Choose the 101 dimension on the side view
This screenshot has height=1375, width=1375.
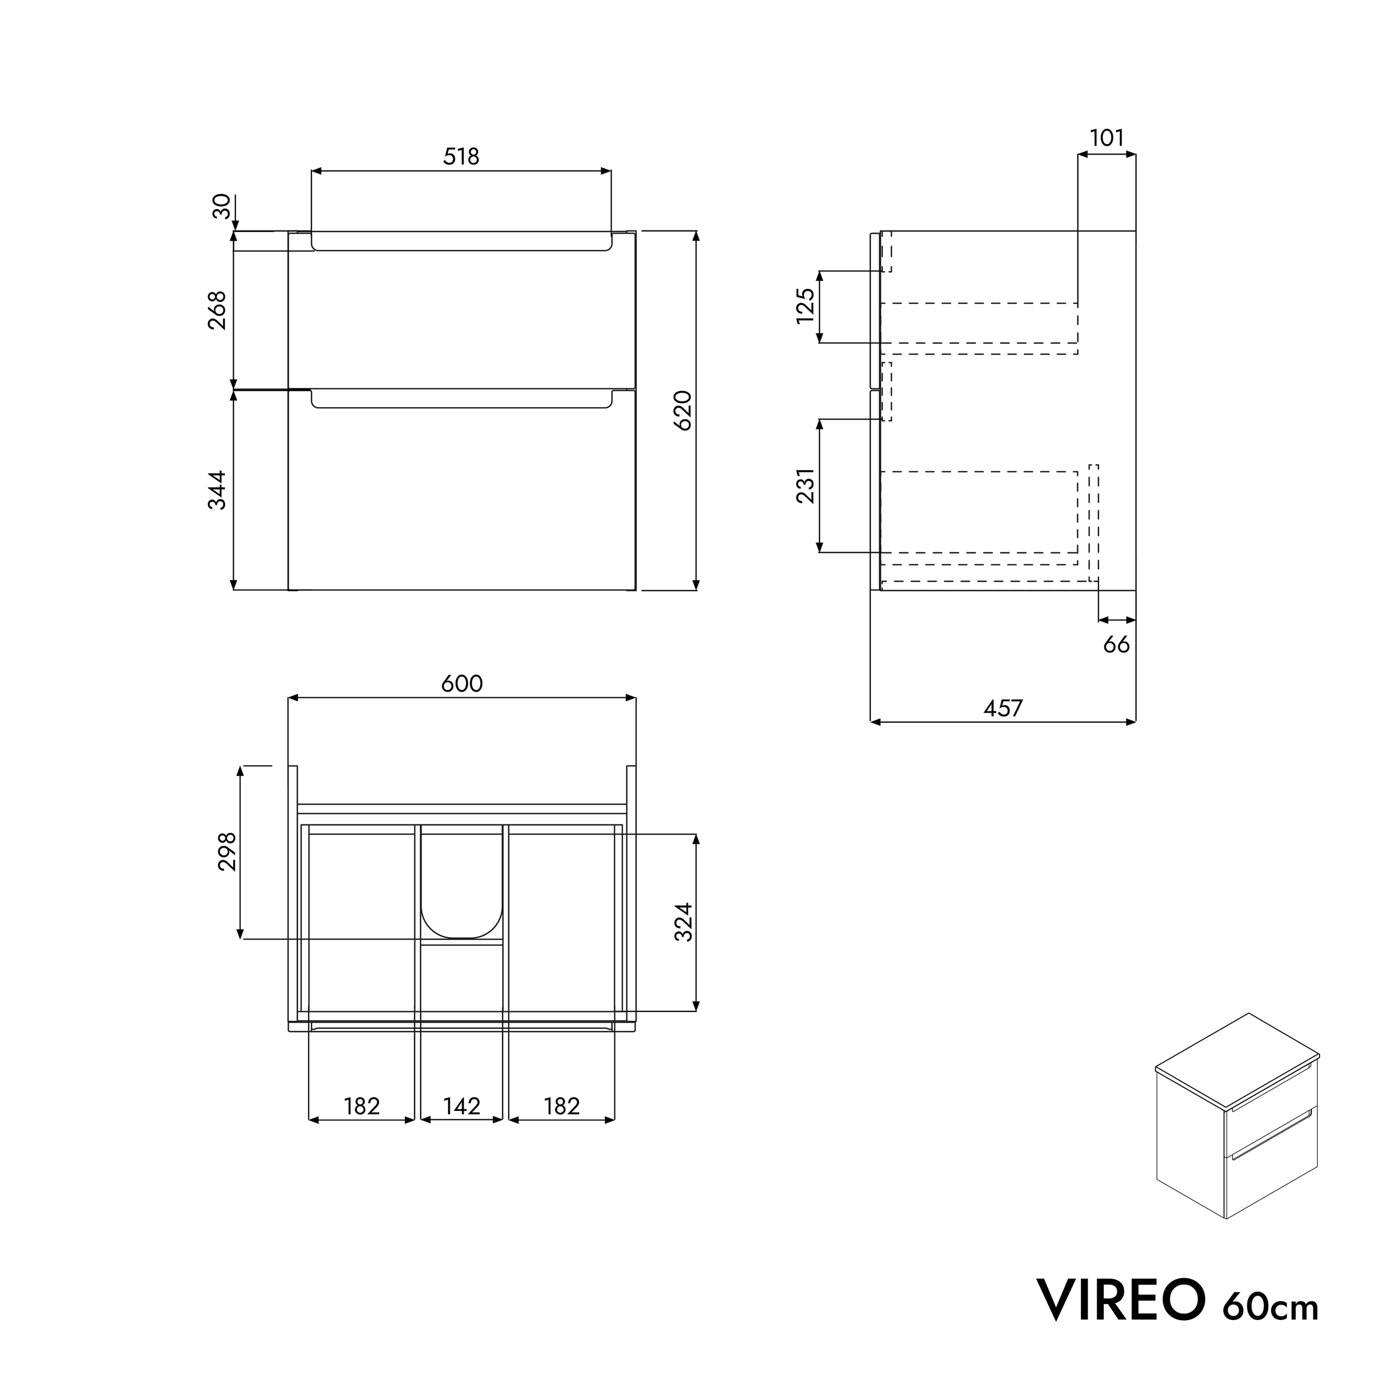[x=1107, y=138]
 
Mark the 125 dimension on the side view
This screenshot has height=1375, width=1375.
[x=805, y=306]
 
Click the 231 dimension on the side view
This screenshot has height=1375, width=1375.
[x=805, y=486]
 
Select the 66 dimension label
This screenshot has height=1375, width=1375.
[x=1116, y=645]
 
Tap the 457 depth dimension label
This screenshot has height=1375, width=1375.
[x=1003, y=708]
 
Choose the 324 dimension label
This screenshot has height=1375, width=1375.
[x=683, y=922]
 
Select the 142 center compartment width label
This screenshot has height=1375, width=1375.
[x=461, y=1106]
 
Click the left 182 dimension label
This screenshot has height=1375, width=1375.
[x=361, y=1106]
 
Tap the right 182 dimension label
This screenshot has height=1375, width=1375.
[x=562, y=1106]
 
